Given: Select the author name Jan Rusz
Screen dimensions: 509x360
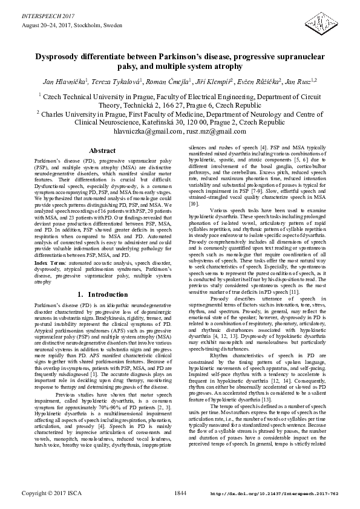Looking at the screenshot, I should pyautogui.click(x=289, y=80).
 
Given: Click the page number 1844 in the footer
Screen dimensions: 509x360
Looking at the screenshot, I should pyautogui.click(x=180, y=494).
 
